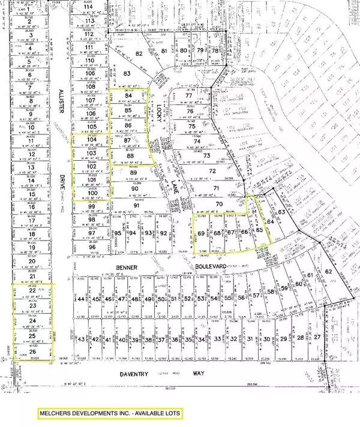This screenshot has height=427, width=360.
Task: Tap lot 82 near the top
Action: coord(139,54)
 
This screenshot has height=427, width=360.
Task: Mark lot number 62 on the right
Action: coord(328,271)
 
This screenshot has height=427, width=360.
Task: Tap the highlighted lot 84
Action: coord(127,95)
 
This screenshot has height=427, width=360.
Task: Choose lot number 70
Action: coord(220,205)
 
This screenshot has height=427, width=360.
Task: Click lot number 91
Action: coord(136,205)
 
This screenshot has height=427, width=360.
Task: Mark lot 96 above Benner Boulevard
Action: coord(92,247)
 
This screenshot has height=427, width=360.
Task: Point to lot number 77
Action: coord(190,96)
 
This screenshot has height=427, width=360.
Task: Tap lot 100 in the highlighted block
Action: coord(92,193)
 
